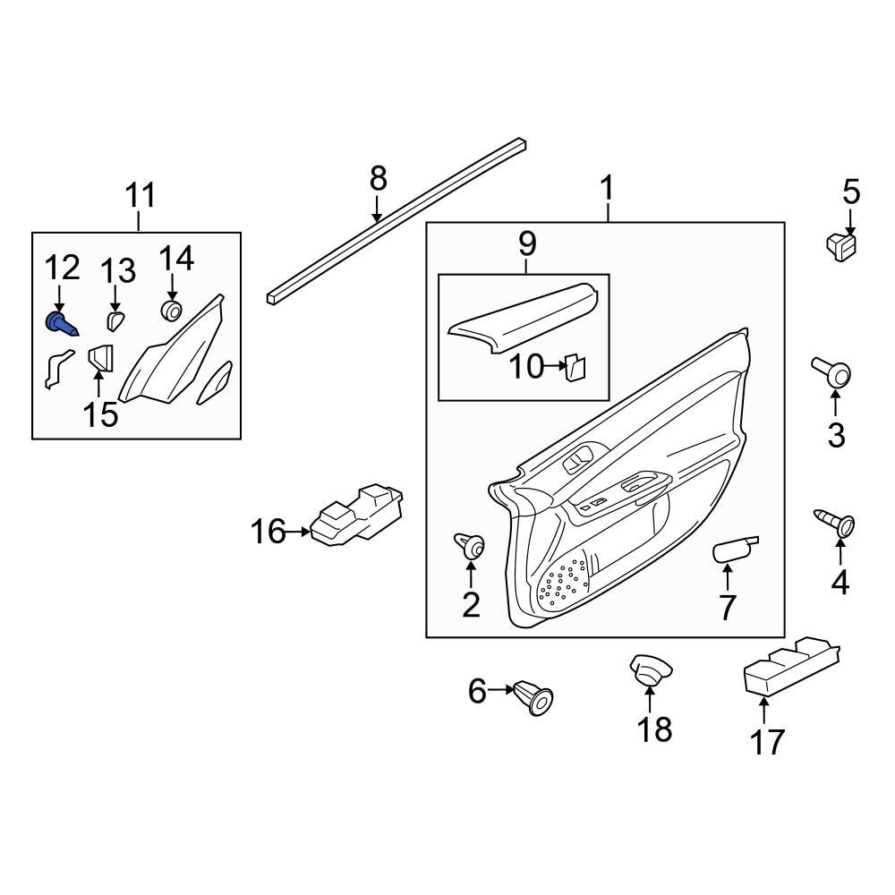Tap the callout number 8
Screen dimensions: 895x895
click(379, 179)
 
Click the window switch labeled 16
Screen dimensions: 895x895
click(356, 518)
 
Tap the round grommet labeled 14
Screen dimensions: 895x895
click(170, 311)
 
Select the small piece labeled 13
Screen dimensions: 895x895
click(115, 320)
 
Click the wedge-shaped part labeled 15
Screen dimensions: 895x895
click(101, 360)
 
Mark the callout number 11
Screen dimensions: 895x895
click(140, 194)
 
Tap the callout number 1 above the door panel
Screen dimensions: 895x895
click(607, 189)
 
